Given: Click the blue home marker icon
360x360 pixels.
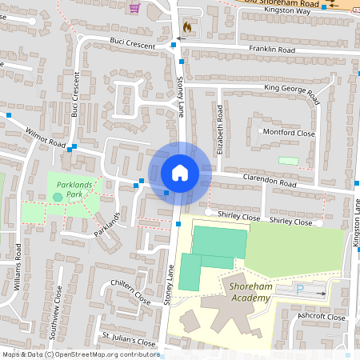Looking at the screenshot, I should coord(179,173).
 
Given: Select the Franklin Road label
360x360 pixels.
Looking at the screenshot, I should coord(271,50).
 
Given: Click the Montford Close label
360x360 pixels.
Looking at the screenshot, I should coord(283,133).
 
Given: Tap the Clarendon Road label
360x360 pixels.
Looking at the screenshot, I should coord(270,182).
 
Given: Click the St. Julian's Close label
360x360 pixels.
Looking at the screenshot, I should coord(128,338).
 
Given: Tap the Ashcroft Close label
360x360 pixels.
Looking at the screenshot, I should coord(319,317).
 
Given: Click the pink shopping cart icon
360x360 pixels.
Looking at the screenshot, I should coord(134,7).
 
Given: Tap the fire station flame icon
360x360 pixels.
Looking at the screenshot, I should coord(187,27).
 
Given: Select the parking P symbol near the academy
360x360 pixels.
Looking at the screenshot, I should coord(300,290).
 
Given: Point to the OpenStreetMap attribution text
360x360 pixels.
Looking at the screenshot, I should coord(80,354).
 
